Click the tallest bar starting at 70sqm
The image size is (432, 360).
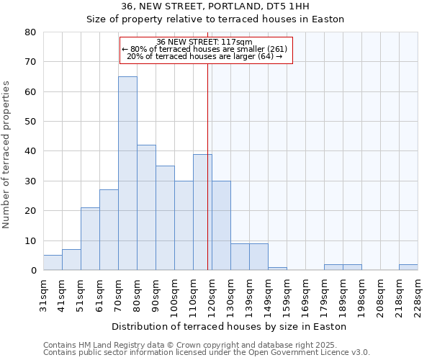[127, 173]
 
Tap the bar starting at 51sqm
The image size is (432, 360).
[90, 238]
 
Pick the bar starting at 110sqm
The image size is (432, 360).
[202, 212]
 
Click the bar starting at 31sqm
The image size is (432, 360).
[53, 263]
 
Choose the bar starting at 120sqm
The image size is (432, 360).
[221, 225]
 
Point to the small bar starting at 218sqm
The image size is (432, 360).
[408, 267]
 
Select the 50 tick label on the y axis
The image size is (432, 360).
[30, 122]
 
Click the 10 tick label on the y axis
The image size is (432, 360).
[30, 240]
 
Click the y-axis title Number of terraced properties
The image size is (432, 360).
[7, 154]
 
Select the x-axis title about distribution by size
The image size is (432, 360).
[230, 326]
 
